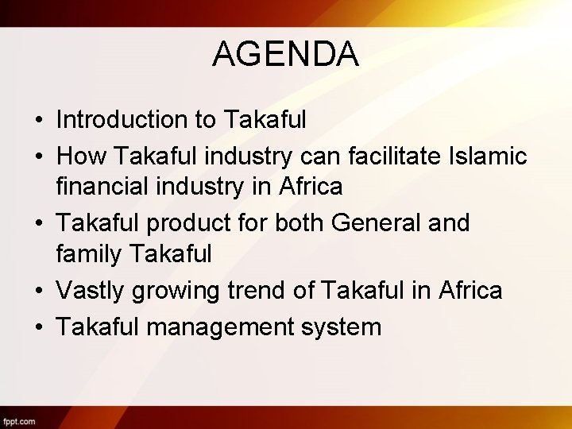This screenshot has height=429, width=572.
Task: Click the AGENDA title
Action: click(x=285, y=55)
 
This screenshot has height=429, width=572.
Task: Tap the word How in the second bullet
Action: click(x=77, y=157)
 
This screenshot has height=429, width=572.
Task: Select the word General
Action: click(x=376, y=223)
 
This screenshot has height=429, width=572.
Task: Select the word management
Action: click(x=218, y=327)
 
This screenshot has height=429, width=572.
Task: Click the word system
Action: click(x=342, y=327)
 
